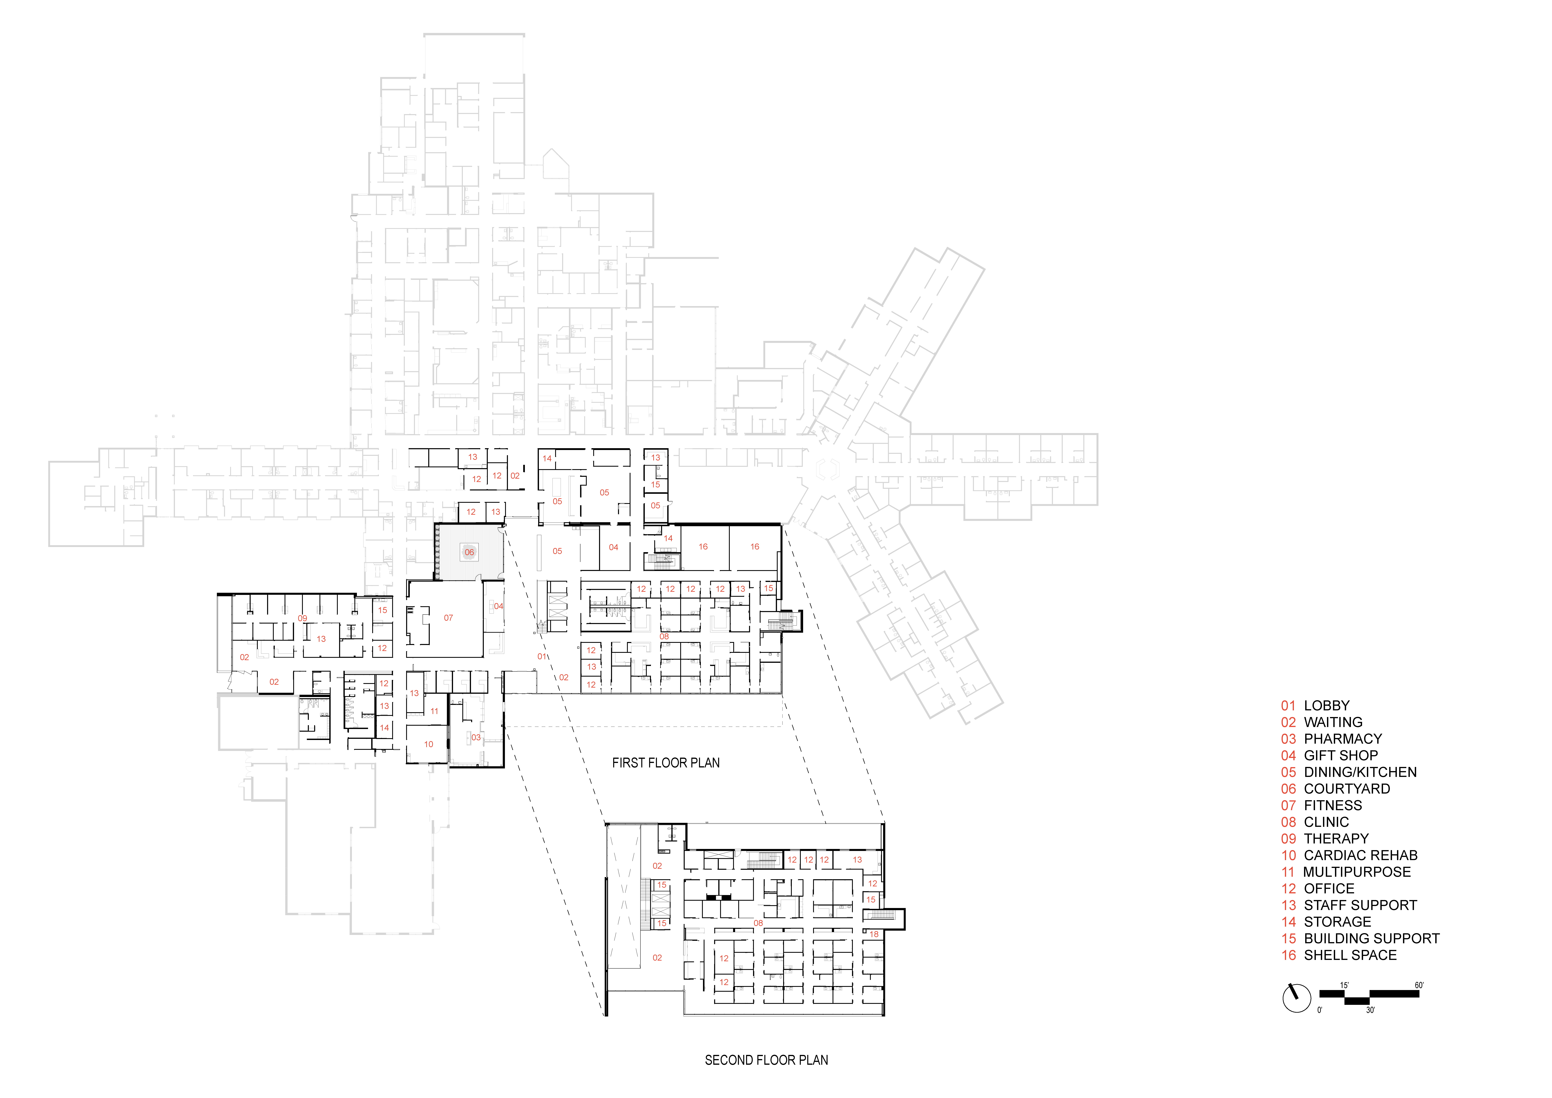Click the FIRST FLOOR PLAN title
click(x=666, y=763)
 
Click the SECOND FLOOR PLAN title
click(x=767, y=1060)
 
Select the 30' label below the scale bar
click(x=1370, y=1010)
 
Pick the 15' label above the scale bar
click(x=1344, y=985)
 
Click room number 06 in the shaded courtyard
click(x=469, y=552)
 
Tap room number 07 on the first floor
click(x=448, y=618)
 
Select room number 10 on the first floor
click(x=429, y=744)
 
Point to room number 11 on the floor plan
click(x=435, y=711)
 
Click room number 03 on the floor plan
click(x=476, y=738)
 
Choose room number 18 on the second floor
click(x=874, y=934)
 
